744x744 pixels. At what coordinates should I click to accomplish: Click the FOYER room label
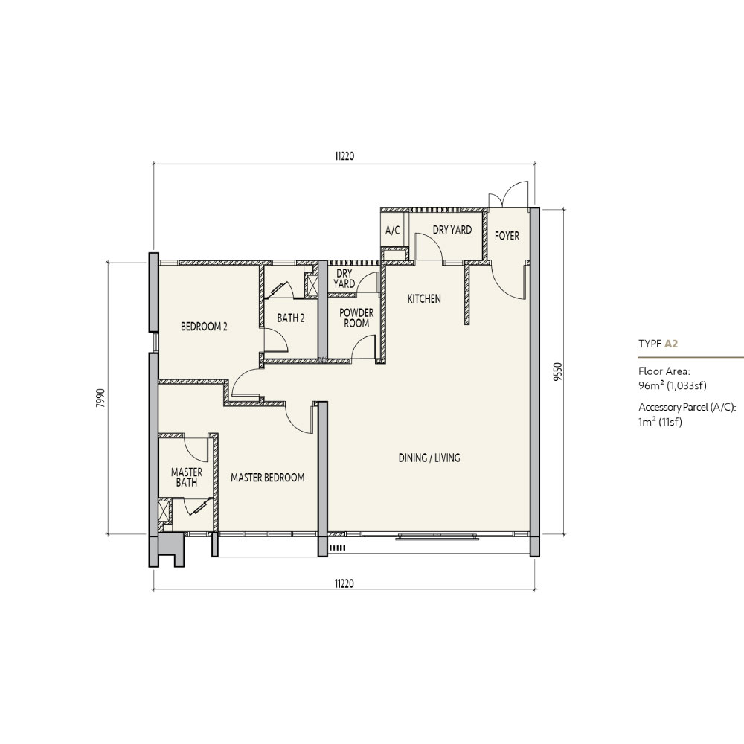pos(507,236)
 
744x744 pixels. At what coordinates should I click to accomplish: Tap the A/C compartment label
pos(392,231)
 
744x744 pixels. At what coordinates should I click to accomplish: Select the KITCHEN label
pos(424,298)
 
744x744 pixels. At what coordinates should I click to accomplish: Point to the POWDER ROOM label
pos(356,318)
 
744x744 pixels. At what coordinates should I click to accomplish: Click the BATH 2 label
pos(291,318)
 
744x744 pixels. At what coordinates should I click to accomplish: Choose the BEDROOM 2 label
pos(204,327)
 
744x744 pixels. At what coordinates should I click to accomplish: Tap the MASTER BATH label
pos(187,478)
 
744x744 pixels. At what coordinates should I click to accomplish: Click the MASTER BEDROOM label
pos(268,478)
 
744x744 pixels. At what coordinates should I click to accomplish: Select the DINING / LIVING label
pos(429,458)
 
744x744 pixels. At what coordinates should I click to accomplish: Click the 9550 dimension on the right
pos(557,372)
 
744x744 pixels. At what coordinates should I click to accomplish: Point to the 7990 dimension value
pos(100,398)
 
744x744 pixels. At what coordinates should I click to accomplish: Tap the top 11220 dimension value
pos(344,156)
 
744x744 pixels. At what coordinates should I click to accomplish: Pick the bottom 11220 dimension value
pos(344,583)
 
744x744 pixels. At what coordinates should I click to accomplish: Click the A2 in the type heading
pos(671,344)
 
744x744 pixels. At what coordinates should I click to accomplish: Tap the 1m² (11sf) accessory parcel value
pos(660,421)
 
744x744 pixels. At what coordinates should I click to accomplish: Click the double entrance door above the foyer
pos(509,194)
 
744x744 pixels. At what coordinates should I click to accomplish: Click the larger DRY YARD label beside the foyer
pos(452,230)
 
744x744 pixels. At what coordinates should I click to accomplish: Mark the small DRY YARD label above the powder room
pos(344,278)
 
